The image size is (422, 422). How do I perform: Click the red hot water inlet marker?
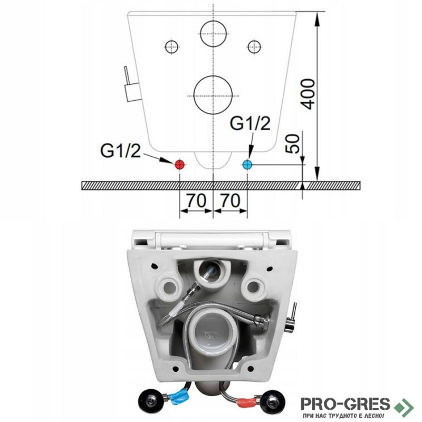(x=179, y=164)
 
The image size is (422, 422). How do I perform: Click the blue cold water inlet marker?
(x=247, y=164)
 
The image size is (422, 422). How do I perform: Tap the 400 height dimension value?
(x=308, y=94)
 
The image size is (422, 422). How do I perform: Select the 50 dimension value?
(x=293, y=143)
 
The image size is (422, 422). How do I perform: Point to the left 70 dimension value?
(x=196, y=200)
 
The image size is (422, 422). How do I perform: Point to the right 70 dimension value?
(x=230, y=200)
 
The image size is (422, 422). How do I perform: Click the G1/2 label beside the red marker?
(x=120, y=151)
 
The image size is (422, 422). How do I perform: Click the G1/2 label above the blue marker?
(x=250, y=123)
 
